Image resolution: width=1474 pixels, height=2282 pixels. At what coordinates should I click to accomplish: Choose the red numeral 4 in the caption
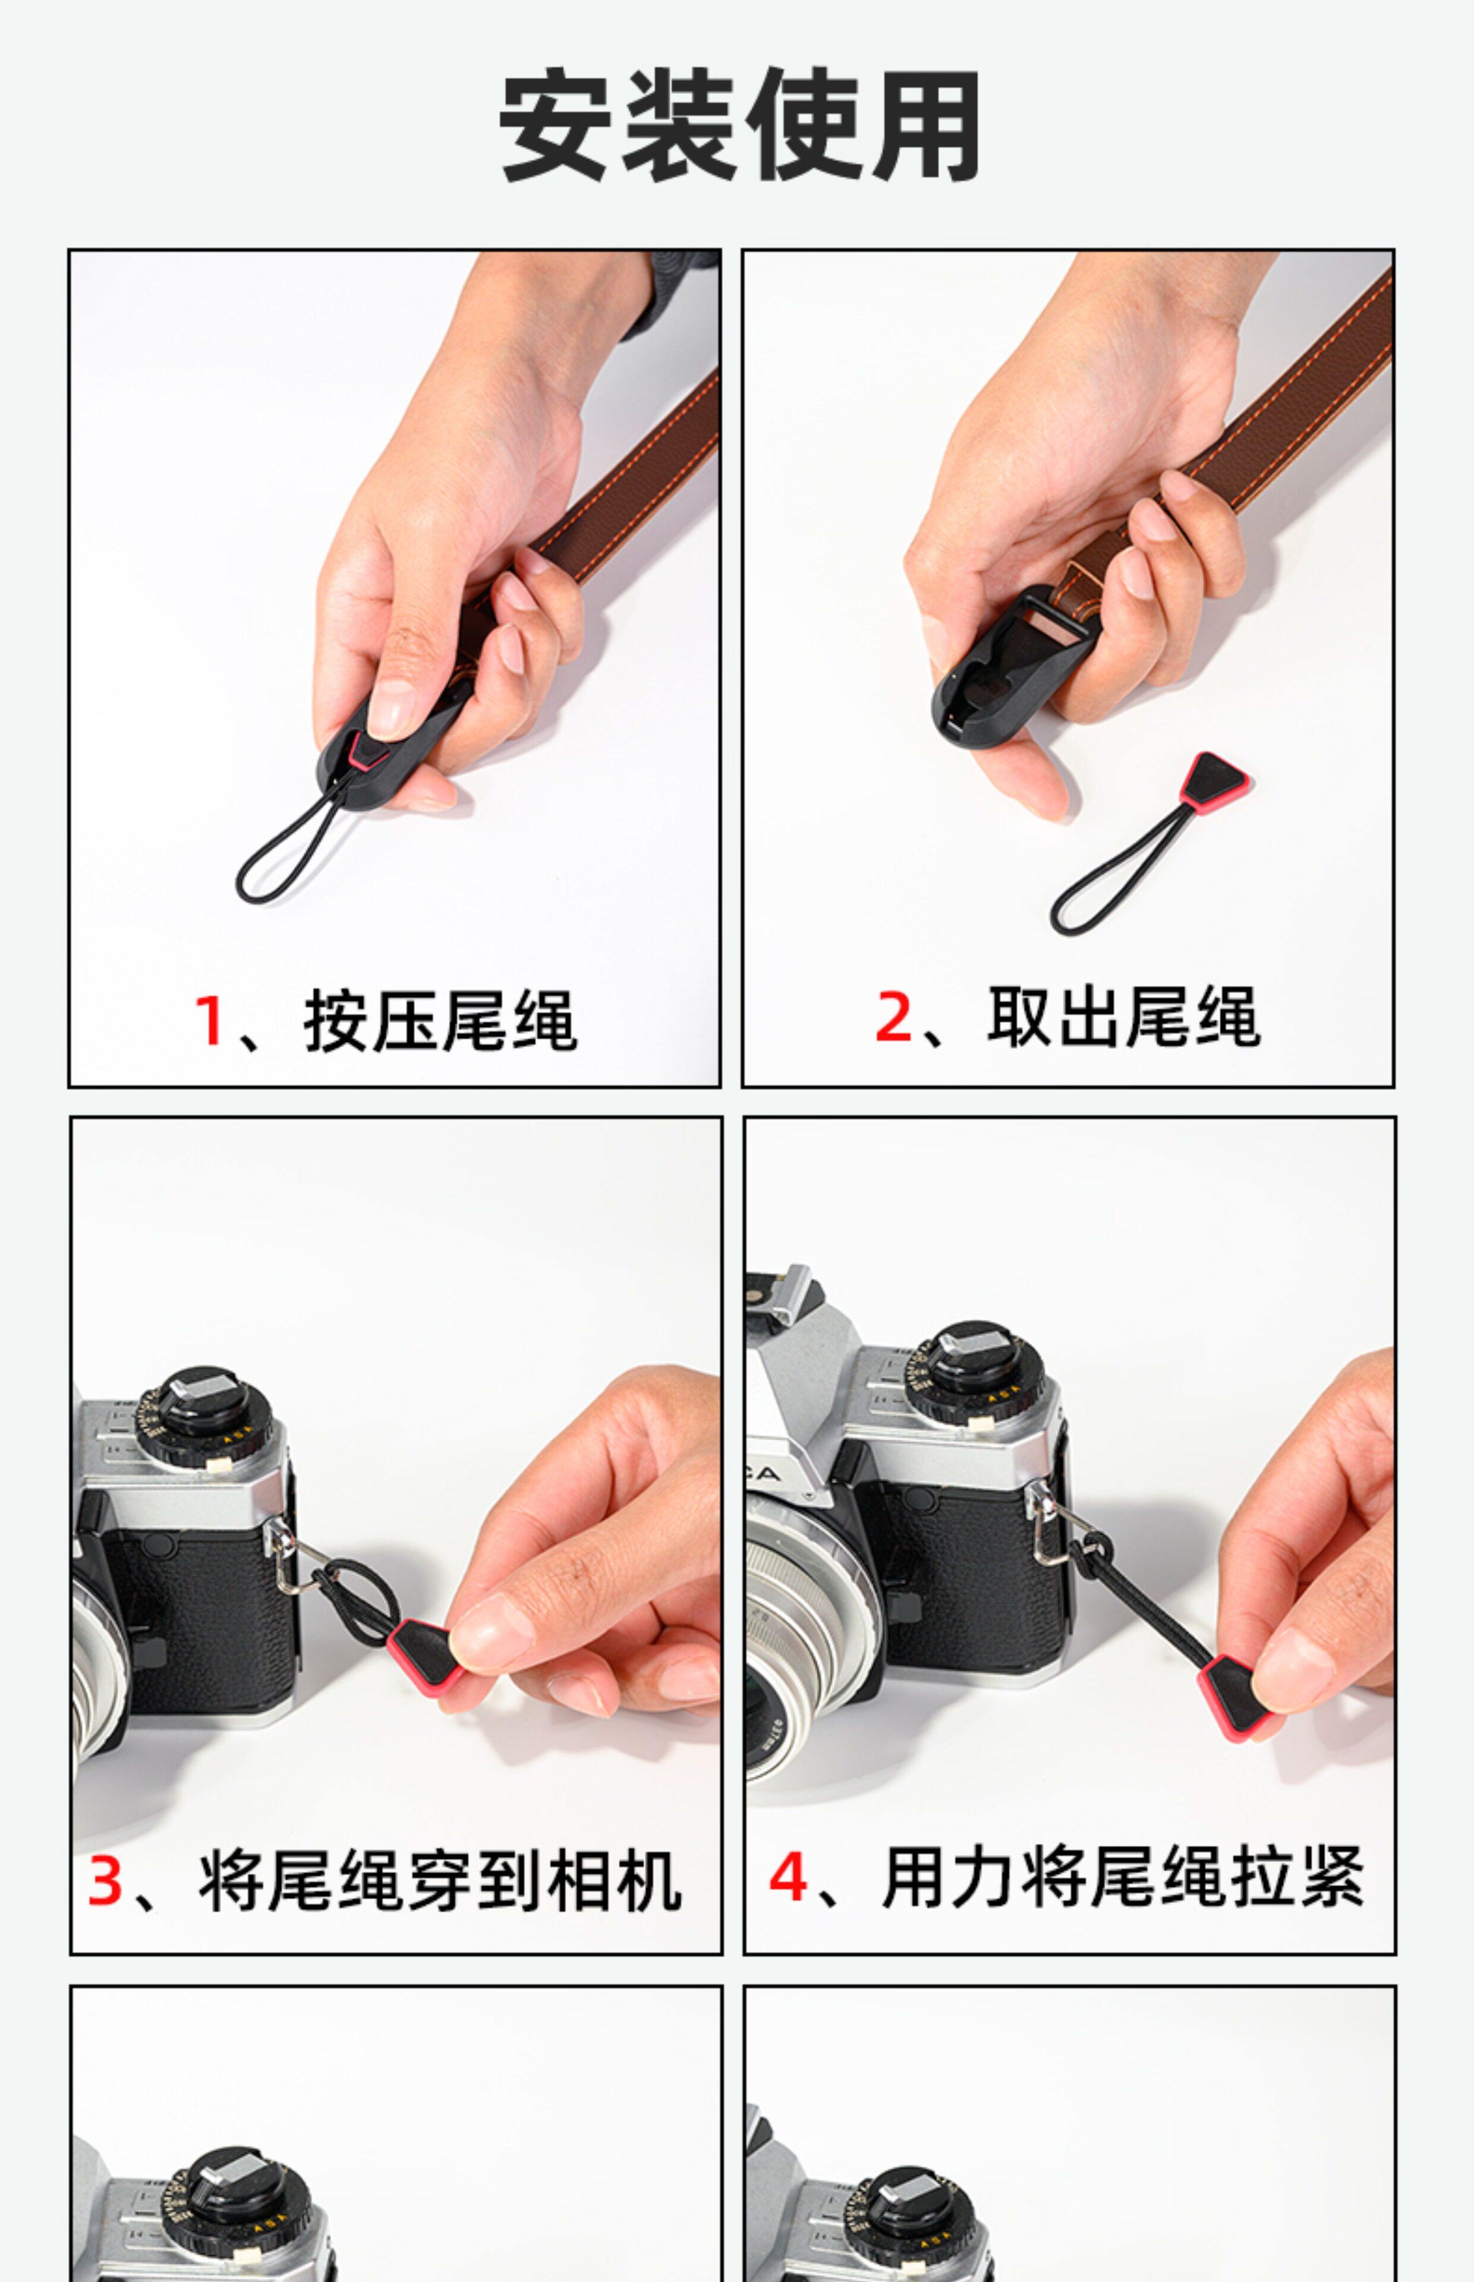point(788,1876)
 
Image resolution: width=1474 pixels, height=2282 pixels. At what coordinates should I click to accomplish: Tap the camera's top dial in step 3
point(204,1416)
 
